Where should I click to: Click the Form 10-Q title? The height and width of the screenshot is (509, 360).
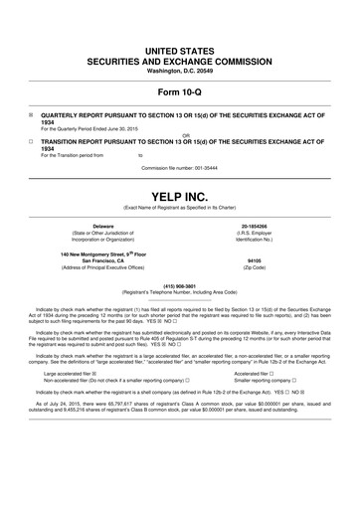[x=179, y=94]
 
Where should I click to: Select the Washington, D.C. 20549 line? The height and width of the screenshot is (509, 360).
[x=179, y=71]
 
